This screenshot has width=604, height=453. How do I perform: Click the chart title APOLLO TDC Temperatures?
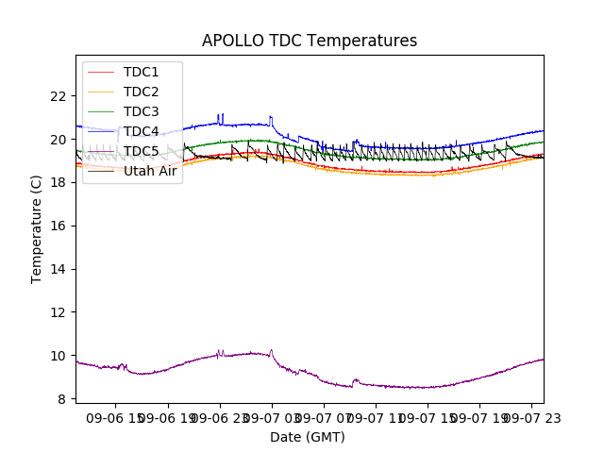310,41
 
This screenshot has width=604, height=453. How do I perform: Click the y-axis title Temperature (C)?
37,228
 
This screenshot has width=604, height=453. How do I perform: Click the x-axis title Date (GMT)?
308,437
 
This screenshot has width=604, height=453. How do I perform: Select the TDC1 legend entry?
142,72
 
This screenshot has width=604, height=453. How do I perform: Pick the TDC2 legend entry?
142,92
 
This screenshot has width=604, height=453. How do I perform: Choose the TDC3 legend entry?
142,111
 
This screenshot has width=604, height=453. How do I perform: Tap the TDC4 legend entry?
142,131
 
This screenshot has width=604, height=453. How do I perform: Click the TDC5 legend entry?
142,151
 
